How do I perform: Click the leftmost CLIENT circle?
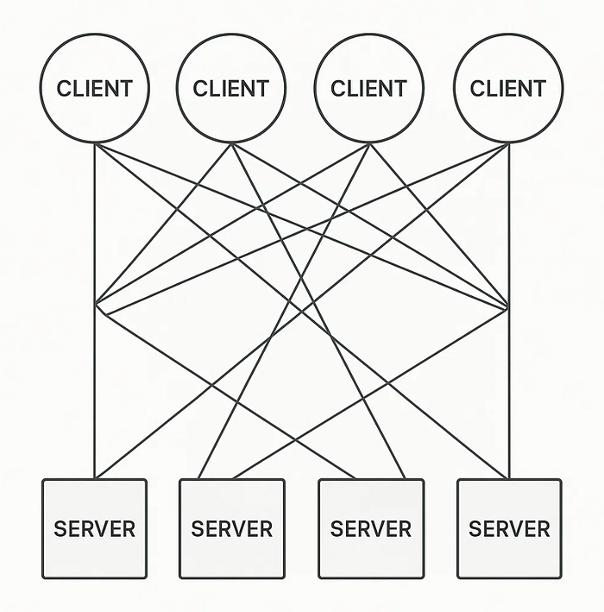95,88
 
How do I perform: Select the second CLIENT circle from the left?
231,88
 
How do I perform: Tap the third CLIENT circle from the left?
369,88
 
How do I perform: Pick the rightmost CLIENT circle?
508,88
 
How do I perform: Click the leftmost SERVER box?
95,528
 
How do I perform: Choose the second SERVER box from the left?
231,528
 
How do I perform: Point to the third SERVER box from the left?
371,528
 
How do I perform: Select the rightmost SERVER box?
509,528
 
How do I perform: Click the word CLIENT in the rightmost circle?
508,88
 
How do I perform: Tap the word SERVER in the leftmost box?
95,528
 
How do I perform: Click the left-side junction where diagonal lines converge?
96,305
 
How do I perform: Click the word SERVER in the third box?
371,528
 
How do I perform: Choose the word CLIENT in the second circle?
231,88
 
